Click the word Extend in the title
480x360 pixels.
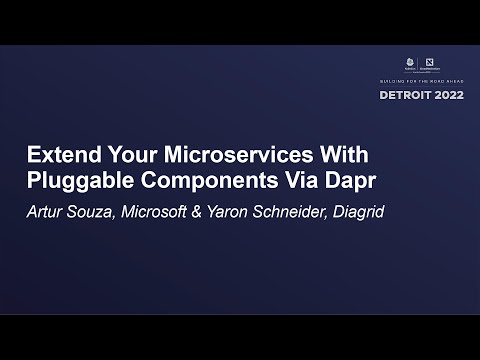pos(58,157)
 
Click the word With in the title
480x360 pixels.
pos(343,157)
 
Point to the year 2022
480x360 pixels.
pos(448,96)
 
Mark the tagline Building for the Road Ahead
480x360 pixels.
pos(426,81)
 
